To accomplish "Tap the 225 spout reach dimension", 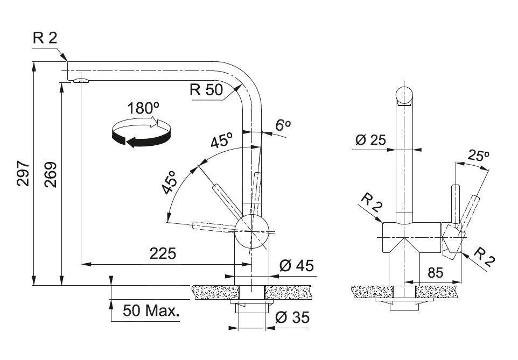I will coord(163,253).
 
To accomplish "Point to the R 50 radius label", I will coord(206,90).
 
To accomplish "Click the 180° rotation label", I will coord(144,108).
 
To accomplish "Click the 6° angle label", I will coord(283,125).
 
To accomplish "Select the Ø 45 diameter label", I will coord(297,265).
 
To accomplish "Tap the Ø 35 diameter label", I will coord(292,318).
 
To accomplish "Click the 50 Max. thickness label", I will coord(151,310).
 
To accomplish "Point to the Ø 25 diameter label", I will coord(370,140).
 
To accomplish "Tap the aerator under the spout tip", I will coord(80,80).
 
